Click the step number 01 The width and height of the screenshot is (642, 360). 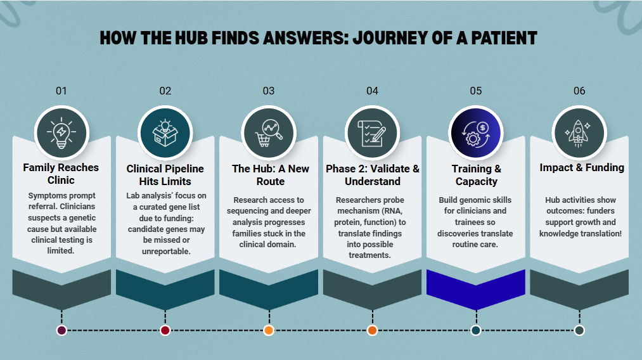(x=61, y=91)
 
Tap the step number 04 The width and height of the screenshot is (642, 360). (x=372, y=91)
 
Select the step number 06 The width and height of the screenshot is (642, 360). (x=579, y=91)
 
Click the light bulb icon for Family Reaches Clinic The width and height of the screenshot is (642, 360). (x=61, y=132)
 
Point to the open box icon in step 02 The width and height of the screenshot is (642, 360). (x=165, y=133)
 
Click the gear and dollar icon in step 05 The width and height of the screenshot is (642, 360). (x=476, y=134)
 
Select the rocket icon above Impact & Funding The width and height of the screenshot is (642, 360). (x=578, y=133)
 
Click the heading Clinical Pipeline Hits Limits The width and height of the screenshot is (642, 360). (x=165, y=175)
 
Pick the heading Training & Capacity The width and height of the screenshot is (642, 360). (x=476, y=175)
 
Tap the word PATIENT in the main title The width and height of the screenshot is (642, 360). (x=504, y=38)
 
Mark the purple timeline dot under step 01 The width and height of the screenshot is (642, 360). (x=61, y=330)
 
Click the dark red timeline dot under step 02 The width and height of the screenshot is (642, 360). (x=165, y=330)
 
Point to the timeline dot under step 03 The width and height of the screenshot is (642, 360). (x=269, y=330)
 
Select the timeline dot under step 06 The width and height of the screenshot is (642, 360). (x=579, y=330)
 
